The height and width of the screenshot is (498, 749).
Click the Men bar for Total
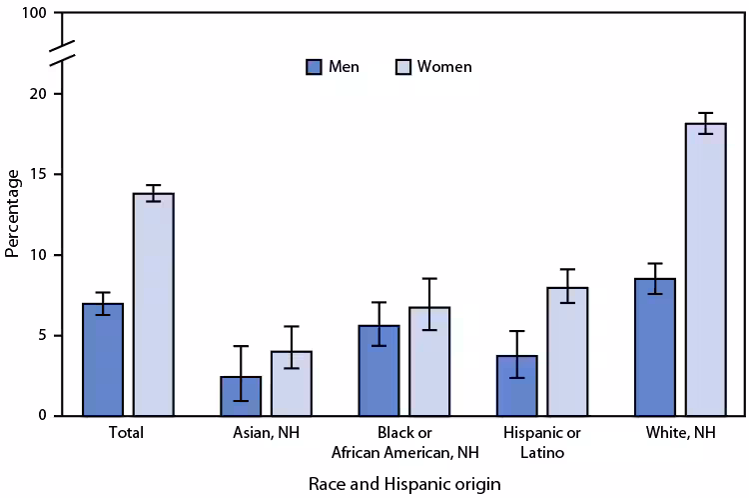(103, 360)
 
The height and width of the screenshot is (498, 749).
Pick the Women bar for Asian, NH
(291, 384)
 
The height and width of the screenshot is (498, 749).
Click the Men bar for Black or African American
(378, 371)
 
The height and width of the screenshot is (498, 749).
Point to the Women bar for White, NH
(705, 270)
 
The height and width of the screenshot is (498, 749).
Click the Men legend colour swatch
(314, 67)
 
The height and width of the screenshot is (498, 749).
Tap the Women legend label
(444, 67)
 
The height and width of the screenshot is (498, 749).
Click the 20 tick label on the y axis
(40, 94)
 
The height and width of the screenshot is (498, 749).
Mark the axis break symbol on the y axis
(59, 54)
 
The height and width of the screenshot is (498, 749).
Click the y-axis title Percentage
(13, 213)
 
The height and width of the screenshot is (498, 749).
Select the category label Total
(128, 433)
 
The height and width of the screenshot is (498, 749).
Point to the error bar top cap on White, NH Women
(705, 113)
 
